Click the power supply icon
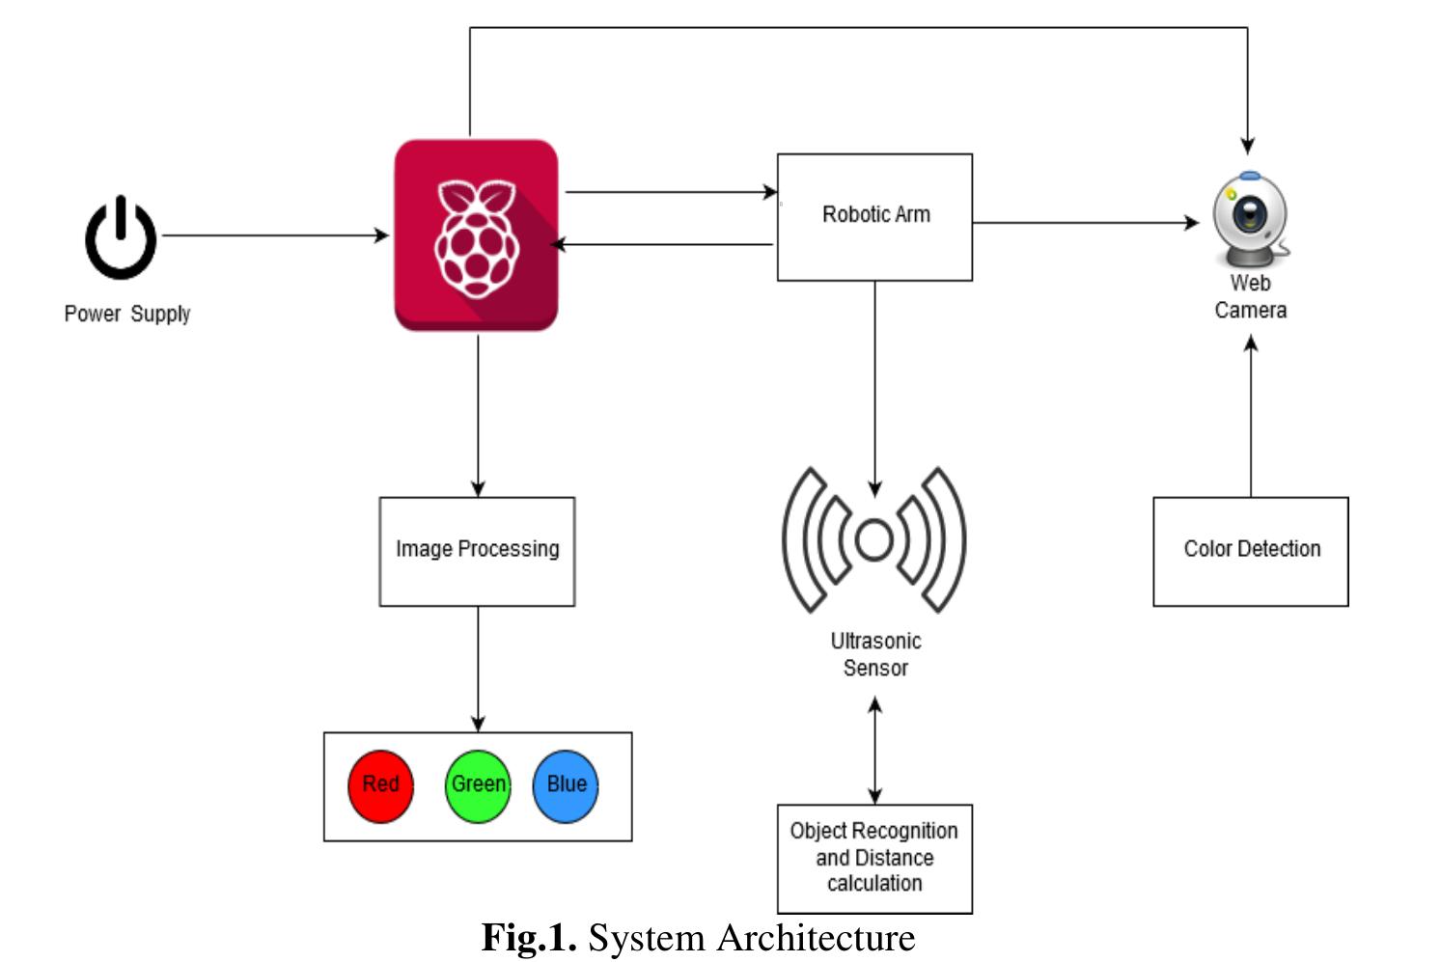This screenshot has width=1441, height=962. (x=121, y=238)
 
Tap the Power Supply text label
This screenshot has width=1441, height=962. (x=126, y=314)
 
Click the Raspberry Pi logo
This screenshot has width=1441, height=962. (x=476, y=236)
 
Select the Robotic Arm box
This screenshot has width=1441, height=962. (x=874, y=216)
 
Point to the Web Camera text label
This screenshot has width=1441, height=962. (x=1250, y=297)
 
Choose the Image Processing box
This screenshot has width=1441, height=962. (x=477, y=551)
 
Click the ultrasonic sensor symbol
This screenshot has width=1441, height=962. (x=874, y=540)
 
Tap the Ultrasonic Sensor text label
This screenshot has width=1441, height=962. (x=875, y=654)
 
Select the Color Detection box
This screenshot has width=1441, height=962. (x=1251, y=551)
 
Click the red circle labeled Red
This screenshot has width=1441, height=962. (x=380, y=785)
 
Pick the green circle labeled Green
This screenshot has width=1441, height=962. (x=478, y=785)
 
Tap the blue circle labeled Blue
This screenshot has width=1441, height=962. (x=566, y=785)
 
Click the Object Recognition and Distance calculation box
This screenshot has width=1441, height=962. (x=874, y=858)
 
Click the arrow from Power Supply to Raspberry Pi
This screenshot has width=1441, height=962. (x=275, y=234)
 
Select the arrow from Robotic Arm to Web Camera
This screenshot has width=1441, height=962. (x=1086, y=223)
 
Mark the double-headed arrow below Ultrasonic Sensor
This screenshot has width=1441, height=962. (x=874, y=751)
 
